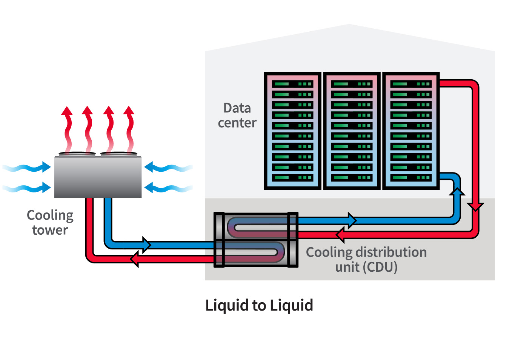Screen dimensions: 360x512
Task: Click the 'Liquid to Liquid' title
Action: pyautogui.click(x=259, y=305)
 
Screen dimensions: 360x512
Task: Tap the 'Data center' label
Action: pyautogui.click(x=237, y=115)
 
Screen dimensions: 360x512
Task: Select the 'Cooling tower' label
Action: pyautogui.click(x=50, y=222)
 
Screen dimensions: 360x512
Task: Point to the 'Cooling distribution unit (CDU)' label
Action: pyautogui.click(x=366, y=259)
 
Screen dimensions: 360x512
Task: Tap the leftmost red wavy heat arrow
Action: pyautogui.click(x=68, y=128)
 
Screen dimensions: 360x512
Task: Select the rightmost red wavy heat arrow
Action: pyautogui.click(x=129, y=128)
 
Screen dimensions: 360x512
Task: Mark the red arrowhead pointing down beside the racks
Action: pyautogui.click(x=475, y=206)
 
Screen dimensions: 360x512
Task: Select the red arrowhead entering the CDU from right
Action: pyautogui.click(x=340, y=235)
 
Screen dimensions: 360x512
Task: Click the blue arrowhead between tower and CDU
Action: pyautogui.click(x=146, y=245)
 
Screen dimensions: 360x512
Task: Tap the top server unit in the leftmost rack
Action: pyautogui.click(x=292, y=84)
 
